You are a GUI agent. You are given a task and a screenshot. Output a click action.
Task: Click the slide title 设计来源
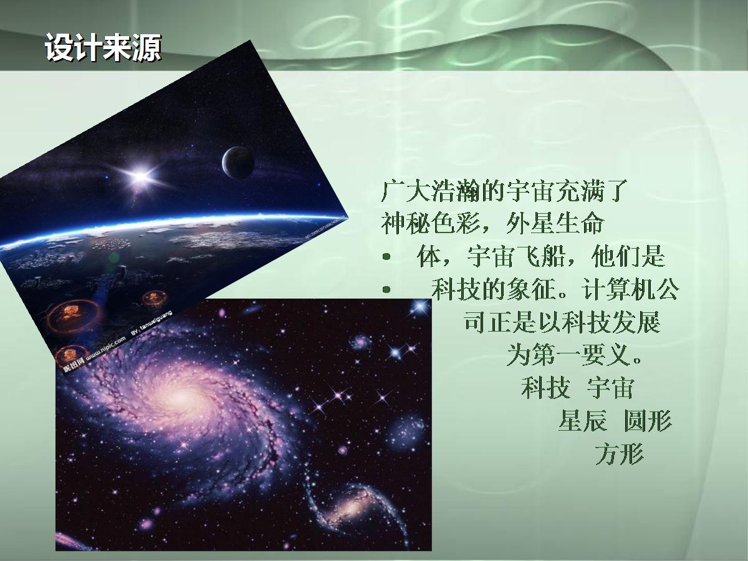pos(103,47)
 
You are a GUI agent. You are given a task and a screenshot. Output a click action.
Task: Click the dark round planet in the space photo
pos(238,163)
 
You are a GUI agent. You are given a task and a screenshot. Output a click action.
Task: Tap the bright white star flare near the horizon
pos(140,176)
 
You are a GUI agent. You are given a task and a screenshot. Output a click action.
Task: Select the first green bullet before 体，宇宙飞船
pos(386,256)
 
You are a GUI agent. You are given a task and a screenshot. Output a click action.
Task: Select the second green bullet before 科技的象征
pos(386,289)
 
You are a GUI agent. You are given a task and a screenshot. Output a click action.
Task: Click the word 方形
pos(620,453)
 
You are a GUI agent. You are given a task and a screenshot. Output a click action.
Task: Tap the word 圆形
pos(648,420)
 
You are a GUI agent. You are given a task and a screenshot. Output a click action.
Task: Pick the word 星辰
pos(583,420)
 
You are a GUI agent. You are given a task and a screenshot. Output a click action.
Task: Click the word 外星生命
pos(555,223)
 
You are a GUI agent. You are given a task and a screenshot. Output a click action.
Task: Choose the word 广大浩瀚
pos(430,191)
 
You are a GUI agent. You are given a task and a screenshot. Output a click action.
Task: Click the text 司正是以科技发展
pos(562,322)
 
